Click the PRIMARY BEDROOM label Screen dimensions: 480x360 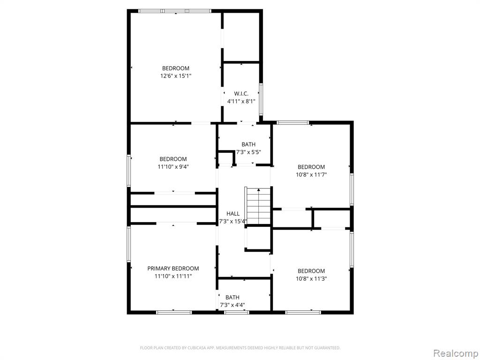(173, 269)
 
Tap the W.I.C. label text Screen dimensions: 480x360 (241, 93)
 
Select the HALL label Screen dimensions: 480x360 (233, 214)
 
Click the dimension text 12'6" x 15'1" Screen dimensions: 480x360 (176, 76)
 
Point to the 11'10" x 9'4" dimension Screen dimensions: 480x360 (173, 167)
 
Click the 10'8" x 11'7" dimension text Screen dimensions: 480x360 (311, 175)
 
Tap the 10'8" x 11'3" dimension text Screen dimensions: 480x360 (311, 279)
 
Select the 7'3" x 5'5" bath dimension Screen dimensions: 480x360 (248, 152)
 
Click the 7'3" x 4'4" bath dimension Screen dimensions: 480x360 (232, 305)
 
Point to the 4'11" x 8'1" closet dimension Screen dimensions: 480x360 (241, 101)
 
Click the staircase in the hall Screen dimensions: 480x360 (258, 206)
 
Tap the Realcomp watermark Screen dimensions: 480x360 (456, 353)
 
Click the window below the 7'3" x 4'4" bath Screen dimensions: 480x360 (237, 313)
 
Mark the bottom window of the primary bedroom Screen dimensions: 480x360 (174, 313)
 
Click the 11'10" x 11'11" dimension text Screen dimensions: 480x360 (173, 277)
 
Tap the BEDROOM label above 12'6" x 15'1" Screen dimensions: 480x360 (176, 68)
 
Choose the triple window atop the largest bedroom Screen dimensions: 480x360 (175, 11)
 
